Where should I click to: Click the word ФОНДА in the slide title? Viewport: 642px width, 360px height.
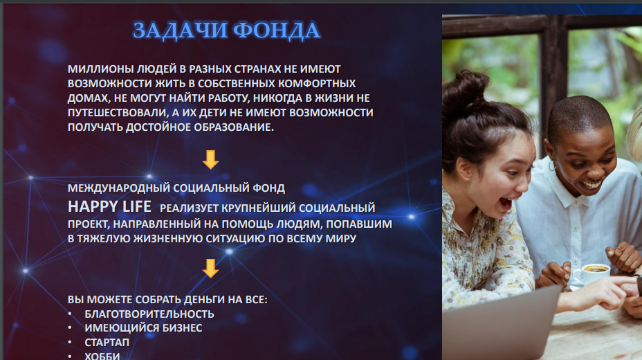coord(276,30)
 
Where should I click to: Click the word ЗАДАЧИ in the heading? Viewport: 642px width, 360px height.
coord(180,30)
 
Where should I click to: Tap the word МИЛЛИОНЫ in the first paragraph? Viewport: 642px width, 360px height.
coord(101,69)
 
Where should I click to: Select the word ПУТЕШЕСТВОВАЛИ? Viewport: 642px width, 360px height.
coord(118,113)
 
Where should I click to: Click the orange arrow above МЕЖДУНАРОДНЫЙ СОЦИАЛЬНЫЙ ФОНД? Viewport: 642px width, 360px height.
coord(210,160)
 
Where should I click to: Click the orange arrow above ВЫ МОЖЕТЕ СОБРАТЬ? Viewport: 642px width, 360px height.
coord(210,268)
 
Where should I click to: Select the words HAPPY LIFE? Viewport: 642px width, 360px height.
coord(109,206)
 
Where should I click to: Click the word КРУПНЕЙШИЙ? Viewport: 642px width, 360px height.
coord(259,208)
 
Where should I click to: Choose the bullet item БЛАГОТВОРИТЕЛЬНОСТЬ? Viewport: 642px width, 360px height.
coord(149,314)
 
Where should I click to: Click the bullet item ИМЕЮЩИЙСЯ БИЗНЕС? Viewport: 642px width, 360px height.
coord(143,328)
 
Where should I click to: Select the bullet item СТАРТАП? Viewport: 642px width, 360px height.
coord(107,343)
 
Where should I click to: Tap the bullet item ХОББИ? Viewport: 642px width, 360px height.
coord(102,356)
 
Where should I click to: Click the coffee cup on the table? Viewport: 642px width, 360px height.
coord(591,273)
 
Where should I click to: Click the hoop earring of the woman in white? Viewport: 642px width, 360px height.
coord(552,165)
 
